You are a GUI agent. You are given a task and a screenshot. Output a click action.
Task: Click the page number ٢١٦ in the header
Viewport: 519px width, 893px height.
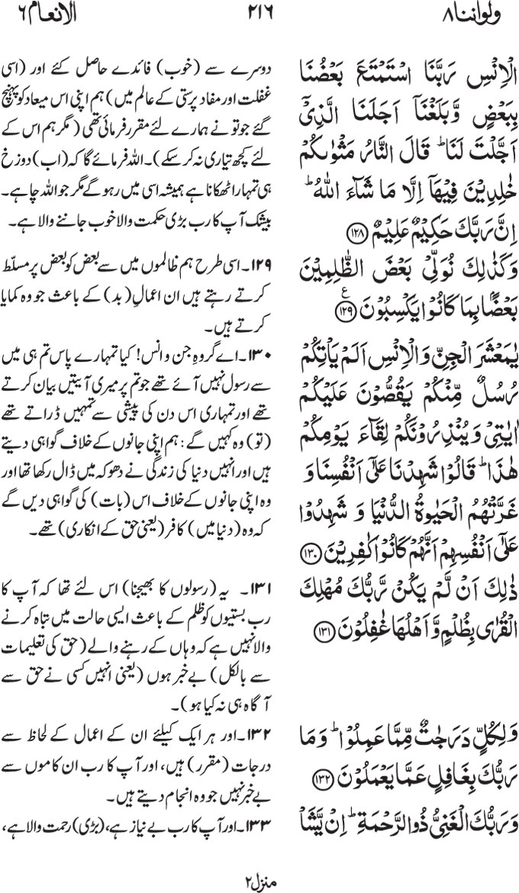tap(260, 13)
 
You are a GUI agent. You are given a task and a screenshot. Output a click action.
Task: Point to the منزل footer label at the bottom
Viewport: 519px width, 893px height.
tap(259, 876)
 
